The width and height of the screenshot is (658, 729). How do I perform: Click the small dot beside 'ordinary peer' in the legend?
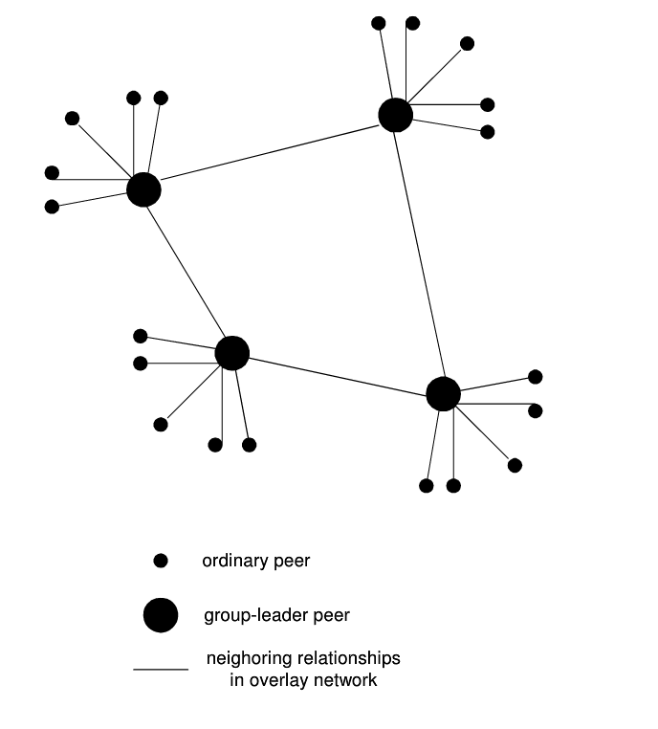click(x=161, y=561)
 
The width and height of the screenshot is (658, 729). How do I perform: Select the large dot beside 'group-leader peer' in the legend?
click(x=161, y=615)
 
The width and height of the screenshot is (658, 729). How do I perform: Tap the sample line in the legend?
click(x=161, y=670)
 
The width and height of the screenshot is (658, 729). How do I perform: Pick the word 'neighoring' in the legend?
click(x=247, y=660)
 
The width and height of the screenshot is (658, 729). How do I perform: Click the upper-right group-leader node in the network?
click(x=395, y=115)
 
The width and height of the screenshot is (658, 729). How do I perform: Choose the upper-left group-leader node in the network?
click(x=143, y=189)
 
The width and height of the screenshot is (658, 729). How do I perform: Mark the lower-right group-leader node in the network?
click(x=443, y=393)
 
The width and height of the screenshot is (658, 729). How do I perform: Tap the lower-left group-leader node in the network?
click(x=231, y=353)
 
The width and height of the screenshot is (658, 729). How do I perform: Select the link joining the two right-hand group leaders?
click(x=419, y=254)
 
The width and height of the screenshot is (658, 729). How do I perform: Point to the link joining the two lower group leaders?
click(x=337, y=373)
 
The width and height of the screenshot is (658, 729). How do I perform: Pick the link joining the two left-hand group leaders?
click(x=187, y=272)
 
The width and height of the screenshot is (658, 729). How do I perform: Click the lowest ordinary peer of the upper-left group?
click(x=52, y=207)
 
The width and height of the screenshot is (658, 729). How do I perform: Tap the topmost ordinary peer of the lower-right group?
click(x=536, y=377)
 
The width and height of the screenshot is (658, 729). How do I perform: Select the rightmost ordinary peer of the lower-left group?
click(x=250, y=445)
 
